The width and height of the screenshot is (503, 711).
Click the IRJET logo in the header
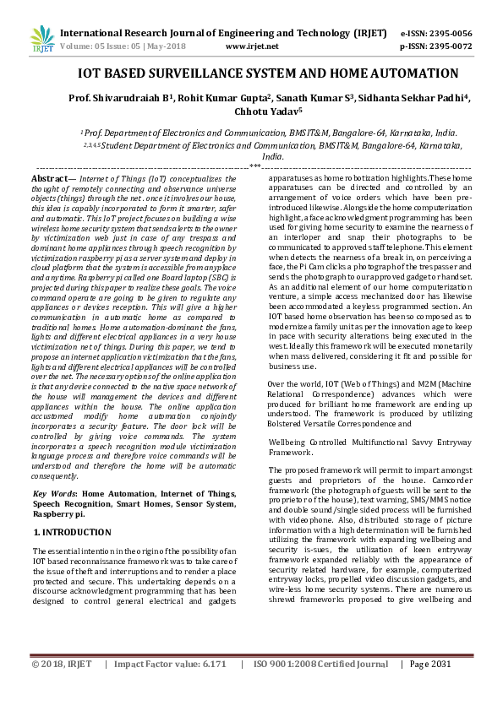pyautogui.click(x=42, y=38)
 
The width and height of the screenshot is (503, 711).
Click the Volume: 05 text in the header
pyautogui.click(x=84, y=47)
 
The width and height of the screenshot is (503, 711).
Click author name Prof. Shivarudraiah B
pyautogui.click(x=122, y=98)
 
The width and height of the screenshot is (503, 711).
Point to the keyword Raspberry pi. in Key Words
pyautogui.click(x=59, y=513)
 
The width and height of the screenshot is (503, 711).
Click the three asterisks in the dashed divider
pyautogui.click(x=254, y=166)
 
